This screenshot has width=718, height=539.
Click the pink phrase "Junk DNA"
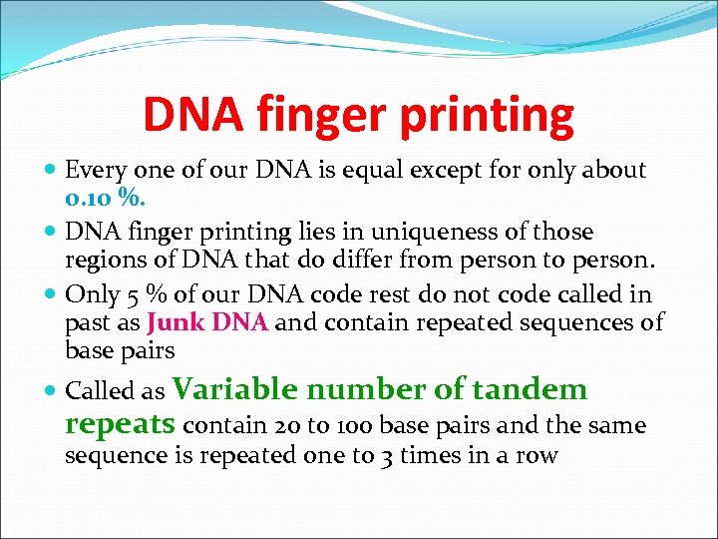208,322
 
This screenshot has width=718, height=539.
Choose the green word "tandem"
530,389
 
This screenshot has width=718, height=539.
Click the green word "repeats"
121,424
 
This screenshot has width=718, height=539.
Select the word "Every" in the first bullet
93,171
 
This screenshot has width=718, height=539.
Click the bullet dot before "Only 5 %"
51,295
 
